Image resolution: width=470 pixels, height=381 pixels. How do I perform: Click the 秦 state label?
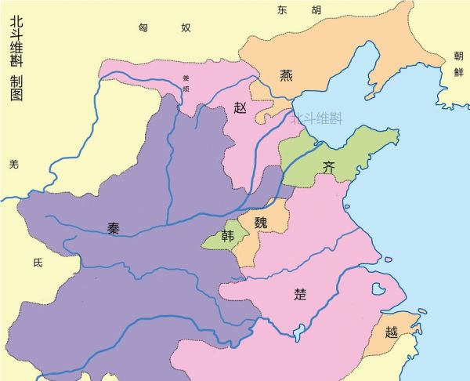coord(114,229)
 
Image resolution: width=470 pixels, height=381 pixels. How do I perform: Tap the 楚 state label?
coord(300,296)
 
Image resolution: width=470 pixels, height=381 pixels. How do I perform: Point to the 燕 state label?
coord(287,75)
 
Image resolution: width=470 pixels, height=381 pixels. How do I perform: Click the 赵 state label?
coord(240,108)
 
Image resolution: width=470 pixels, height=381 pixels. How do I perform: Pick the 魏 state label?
coord(261,222)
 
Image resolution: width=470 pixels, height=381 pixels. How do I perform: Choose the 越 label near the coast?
coord(391,332)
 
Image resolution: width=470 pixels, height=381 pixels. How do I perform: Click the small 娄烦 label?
coord(186,84)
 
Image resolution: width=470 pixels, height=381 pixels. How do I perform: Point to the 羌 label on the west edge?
coord(13,164)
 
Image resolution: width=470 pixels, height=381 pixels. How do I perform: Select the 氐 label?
coord(38,263)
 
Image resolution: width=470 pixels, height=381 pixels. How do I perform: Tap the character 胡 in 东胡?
coord(316,10)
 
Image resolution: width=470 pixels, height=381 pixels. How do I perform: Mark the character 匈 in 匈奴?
coord(143,27)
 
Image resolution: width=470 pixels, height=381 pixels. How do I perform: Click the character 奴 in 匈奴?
coord(186,27)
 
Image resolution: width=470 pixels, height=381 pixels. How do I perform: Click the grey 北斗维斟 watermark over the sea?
coord(317,120)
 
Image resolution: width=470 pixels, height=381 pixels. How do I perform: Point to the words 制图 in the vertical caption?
coord(16,87)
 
